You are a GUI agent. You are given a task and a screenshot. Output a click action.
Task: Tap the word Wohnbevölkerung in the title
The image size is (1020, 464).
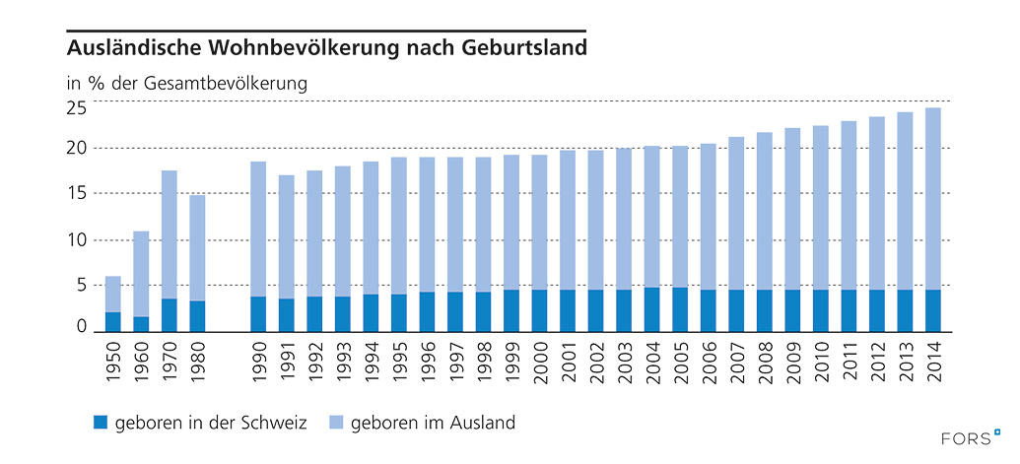tap(303, 47)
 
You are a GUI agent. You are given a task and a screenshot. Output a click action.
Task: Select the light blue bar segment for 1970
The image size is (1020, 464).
tap(170, 234)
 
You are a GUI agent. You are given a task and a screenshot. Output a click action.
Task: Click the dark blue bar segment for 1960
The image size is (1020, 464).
tap(141, 324)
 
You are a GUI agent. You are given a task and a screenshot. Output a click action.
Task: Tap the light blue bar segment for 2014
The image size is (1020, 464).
tap(931, 198)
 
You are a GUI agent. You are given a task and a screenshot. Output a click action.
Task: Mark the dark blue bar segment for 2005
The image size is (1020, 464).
tap(679, 309)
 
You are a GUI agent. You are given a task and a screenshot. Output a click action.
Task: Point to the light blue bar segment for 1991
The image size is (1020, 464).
tap(286, 236)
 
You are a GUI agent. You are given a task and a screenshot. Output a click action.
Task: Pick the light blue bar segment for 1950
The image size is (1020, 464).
tap(113, 294)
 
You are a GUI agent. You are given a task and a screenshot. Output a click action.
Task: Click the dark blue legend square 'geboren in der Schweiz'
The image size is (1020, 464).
tap(100, 423)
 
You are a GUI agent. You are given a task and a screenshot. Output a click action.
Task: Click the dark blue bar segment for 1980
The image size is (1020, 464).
tap(197, 316)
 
